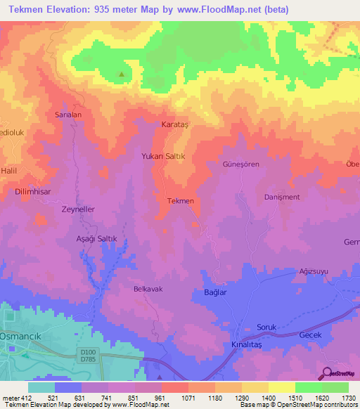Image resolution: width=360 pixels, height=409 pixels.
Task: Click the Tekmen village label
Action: (180, 201)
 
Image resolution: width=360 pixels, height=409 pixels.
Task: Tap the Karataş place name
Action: (176, 124)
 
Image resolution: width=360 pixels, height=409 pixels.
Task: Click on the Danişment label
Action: (282, 197)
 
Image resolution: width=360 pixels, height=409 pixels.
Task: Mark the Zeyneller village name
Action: (78, 209)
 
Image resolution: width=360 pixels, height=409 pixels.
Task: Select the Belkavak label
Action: (148, 289)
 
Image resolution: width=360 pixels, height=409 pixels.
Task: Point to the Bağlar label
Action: (214, 292)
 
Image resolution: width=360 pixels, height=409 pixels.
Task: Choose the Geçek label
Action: (310, 335)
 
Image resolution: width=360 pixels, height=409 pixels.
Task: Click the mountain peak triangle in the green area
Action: (122, 74)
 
